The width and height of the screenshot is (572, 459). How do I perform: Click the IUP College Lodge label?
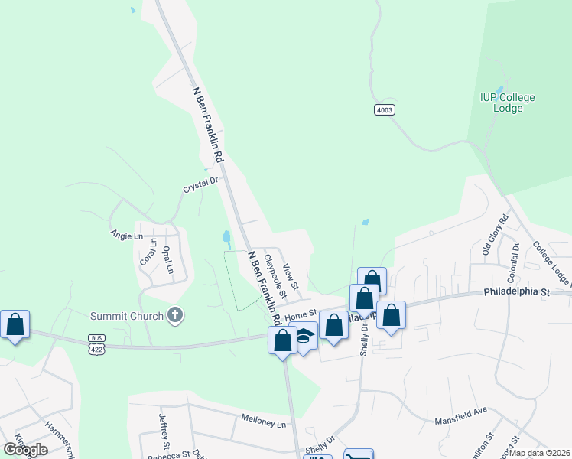click(x=507, y=103)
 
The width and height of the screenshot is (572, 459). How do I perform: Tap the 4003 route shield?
click(x=385, y=110)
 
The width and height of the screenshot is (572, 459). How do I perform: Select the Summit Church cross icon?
click(x=175, y=314)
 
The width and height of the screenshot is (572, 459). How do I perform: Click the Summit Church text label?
click(x=128, y=316)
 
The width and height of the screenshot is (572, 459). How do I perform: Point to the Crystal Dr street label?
click(x=200, y=184)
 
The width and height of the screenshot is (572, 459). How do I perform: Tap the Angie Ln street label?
click(x=127, y=236)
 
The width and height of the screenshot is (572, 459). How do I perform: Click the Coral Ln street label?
click(x=147, y=253)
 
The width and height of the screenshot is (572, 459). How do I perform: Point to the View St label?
click(x=290, y=281)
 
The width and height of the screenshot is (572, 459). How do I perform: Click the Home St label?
click(x=301, y=314)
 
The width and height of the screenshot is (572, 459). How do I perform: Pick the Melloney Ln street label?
click(x=263, y=423)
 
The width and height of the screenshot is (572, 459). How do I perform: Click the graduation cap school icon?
click(x=306, y=335)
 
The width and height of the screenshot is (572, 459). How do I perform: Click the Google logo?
click(x=26, y=450)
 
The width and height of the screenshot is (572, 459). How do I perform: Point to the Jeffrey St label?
click(x=164, y=431)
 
